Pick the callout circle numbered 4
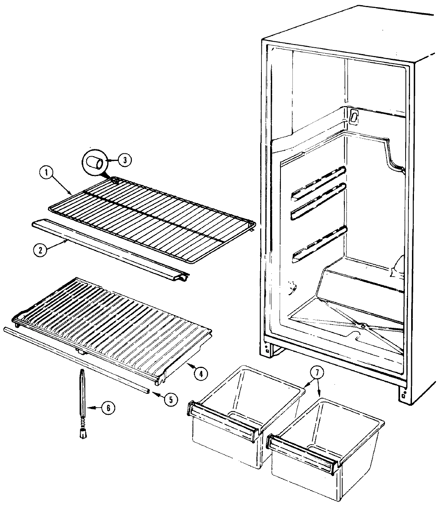pyautogui.click(x=201, y=373)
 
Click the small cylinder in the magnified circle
pyautogui.click(x=95, y=163)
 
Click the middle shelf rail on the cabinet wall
pyautogui.click(x=318, y=201)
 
